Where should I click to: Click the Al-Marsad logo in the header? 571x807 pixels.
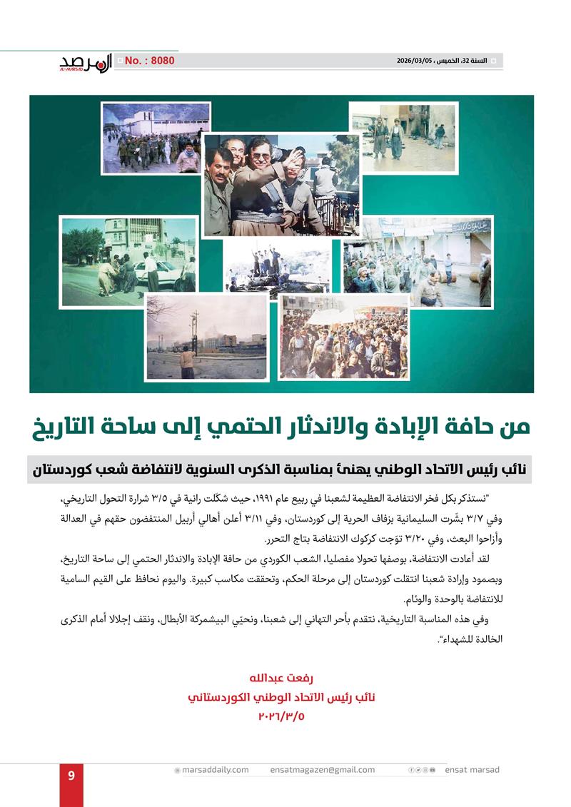[85, 63]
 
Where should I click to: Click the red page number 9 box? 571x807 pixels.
[71, 776]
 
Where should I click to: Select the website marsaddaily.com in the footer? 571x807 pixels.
[212, 770]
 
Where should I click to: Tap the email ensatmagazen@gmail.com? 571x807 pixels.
[323, 770]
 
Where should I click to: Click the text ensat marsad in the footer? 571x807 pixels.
[472, 770]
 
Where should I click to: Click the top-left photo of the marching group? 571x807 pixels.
[155, 138]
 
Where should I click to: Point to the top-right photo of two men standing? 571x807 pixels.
[402, 137]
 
